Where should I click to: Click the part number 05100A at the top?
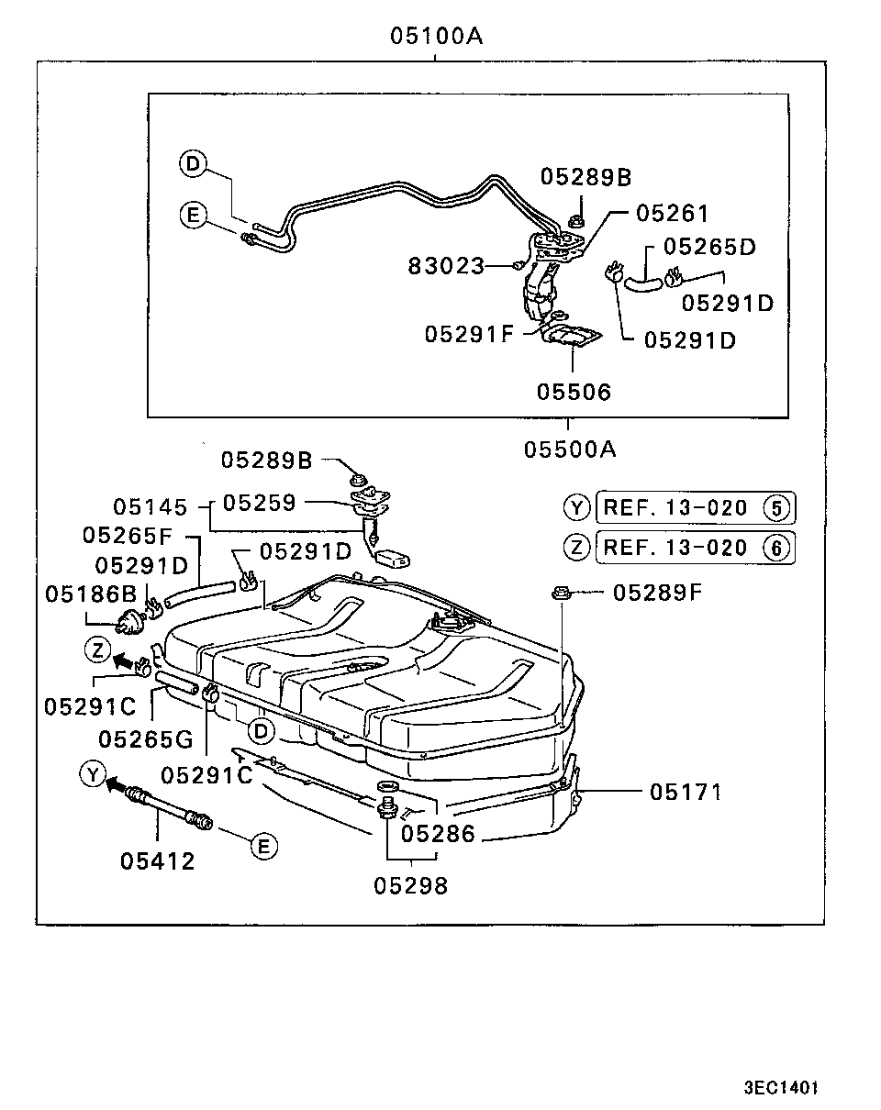point(436,37)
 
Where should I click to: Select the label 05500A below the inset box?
point(570,450)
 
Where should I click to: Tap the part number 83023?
point(447,266)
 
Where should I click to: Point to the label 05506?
point(574,392)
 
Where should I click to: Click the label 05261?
point(673,214)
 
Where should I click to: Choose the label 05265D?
point(709,247)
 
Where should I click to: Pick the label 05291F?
point(470,333)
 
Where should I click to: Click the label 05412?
point(157,860)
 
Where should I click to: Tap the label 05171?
point(686,791)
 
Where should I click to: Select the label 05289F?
point(656,593)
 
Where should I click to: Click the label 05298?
point(410,886)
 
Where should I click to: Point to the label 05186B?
point(90,594)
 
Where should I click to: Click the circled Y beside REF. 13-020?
point(576,506)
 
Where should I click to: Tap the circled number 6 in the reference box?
point(775,549)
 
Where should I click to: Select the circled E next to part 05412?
point(263,846)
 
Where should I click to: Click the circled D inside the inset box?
point(193,164)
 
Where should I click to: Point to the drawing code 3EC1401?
point(780,1088)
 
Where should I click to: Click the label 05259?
point(260,503)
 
